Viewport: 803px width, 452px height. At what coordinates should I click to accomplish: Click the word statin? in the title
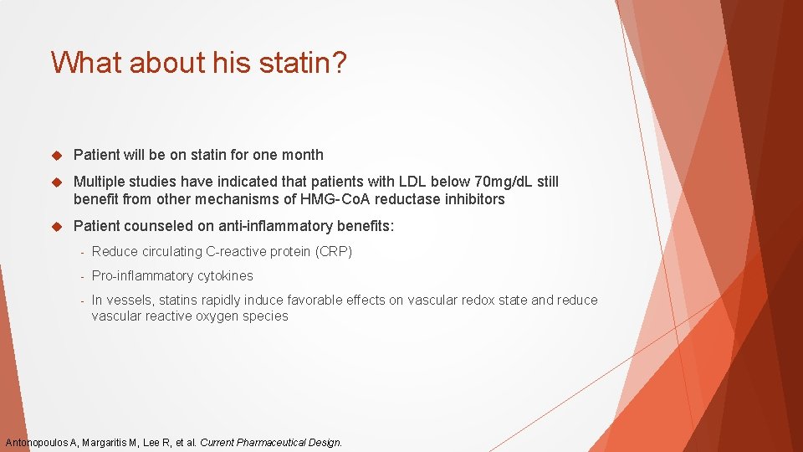point(302,63)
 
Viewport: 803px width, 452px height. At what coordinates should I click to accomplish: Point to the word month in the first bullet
point(303,155)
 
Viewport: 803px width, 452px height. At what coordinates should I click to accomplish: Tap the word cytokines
point(225,275)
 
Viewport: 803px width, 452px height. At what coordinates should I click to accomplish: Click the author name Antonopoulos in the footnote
point(38,442)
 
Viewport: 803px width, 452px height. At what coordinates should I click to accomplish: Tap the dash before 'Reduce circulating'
point(83,252)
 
